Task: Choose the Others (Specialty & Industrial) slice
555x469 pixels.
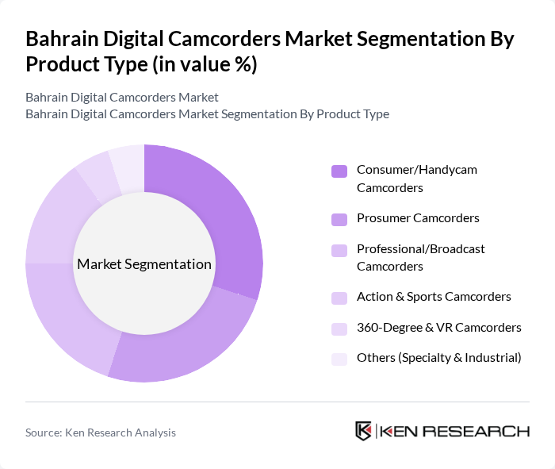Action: (128, 166)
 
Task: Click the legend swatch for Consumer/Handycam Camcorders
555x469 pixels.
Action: (339, 171)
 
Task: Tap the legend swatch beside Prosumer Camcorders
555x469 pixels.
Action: (339, 219)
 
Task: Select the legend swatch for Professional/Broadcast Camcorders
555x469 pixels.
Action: (339, 250)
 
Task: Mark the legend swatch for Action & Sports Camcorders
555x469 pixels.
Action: (339, 298)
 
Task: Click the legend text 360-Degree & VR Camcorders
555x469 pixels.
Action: (438, 327)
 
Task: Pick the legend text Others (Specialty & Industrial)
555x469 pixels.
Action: (438, 358)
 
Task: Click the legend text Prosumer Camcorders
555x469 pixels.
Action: (418, 218)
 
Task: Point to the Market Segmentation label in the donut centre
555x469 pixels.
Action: (144, 264)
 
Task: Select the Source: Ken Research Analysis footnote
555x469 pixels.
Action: (101, 432)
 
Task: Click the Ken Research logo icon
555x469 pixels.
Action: (364, 431)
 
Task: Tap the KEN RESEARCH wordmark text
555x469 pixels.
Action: (455, 432)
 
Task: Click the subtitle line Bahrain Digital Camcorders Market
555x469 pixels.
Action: (122, 98)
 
